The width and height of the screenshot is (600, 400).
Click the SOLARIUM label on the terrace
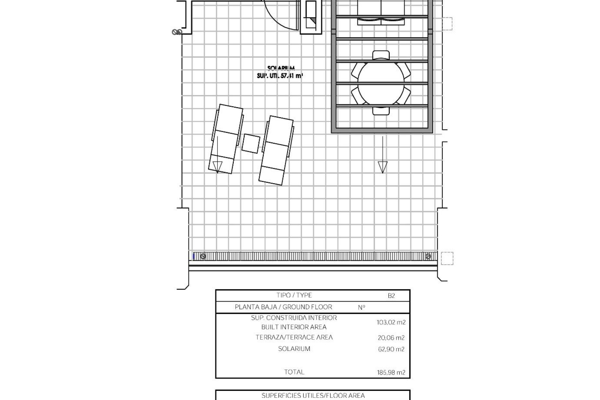pos(281,68)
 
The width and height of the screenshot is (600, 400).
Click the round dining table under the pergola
pos(381,83)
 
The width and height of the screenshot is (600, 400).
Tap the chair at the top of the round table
pos(381,55)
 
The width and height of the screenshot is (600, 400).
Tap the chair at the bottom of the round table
pos(381,111)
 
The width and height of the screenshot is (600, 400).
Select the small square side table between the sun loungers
pos(251,143)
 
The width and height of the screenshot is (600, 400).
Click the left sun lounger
pos(226,139)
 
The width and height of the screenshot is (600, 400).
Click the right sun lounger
pos(276,150)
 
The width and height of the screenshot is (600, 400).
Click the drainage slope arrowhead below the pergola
pos(382,167)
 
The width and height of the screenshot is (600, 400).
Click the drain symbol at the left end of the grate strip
pos(203,257)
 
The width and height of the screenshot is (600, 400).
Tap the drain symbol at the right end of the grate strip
pos(428,257)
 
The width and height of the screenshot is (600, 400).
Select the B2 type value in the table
pos(391,296)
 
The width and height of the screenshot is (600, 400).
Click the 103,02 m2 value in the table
pos(391,322)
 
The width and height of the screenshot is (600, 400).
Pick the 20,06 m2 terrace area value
pos(391,337)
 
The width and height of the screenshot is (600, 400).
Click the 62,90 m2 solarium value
pos(391,349)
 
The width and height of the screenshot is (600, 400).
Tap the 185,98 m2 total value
pos(391,372)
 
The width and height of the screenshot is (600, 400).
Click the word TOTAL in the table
pos(294,372)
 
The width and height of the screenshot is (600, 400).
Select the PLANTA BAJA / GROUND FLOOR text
pos(283,307)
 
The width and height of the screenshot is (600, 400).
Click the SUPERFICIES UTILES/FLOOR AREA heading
pos(313,396)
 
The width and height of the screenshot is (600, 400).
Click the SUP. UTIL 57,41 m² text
pos(280,76)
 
